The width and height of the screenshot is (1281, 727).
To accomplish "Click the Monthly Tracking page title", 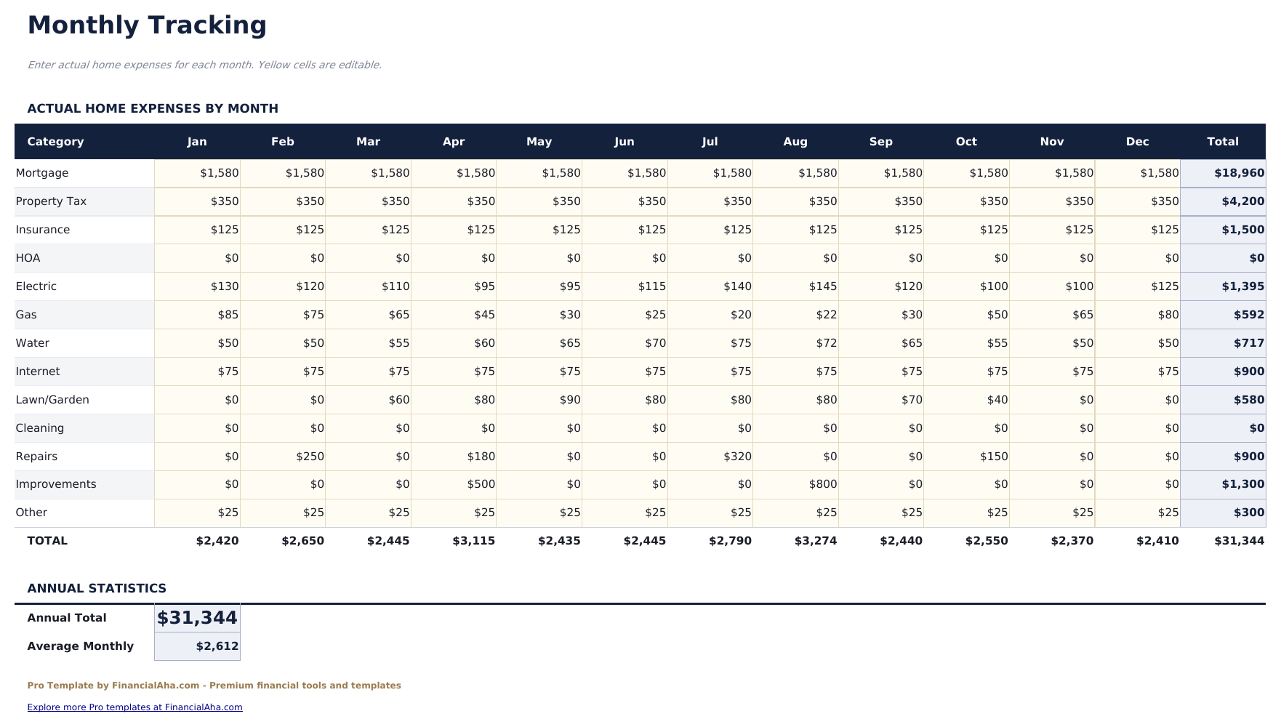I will [x=147, y=25].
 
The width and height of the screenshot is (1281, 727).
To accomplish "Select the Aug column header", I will [x=795, y=142].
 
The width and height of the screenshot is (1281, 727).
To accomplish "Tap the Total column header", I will [x=1222, y=142].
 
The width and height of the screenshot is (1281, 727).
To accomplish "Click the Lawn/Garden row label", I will [x=52, y=400].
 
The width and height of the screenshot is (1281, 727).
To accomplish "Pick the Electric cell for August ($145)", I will [x=822, y=286].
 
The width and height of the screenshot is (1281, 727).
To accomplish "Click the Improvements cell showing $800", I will [x=822, y=484].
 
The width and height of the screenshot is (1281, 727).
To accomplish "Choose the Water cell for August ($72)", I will [x=826, y=343].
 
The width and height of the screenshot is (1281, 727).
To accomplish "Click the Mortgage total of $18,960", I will [x=1238, y=173].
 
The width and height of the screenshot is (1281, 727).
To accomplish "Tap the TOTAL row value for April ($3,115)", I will [x=473, y=541].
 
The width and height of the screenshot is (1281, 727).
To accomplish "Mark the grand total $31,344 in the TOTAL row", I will [x=1239, y=541].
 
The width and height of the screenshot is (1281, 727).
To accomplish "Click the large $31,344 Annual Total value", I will [x=197, y=618].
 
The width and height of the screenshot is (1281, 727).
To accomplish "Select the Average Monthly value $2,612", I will [x=217, y=646].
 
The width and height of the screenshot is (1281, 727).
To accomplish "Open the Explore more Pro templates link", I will [x=134, y=707].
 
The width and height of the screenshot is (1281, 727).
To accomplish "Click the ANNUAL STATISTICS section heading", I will [x=97, y=588].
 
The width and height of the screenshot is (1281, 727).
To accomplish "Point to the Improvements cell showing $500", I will [x=481, y=484].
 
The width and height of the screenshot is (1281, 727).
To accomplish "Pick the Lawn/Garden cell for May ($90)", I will [x=569, y=400].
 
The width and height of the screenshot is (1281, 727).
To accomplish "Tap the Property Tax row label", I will [x=51, y=201].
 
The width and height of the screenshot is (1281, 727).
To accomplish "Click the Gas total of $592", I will [x=1248, y=315].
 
